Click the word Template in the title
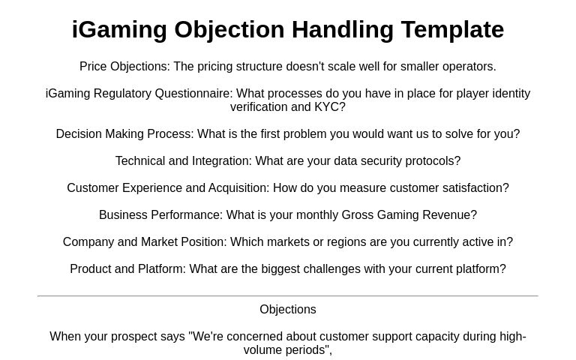click(x=452, y=30)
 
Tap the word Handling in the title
click(x=343, y=30)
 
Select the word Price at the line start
click(x=93, y=67)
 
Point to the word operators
click(x=469, y=67)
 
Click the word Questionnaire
click(x=193, y=94)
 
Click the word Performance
click(x=187, y=215)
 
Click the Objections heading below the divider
click(x=288, y=310)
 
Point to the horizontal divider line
click(x=288, y=296)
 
